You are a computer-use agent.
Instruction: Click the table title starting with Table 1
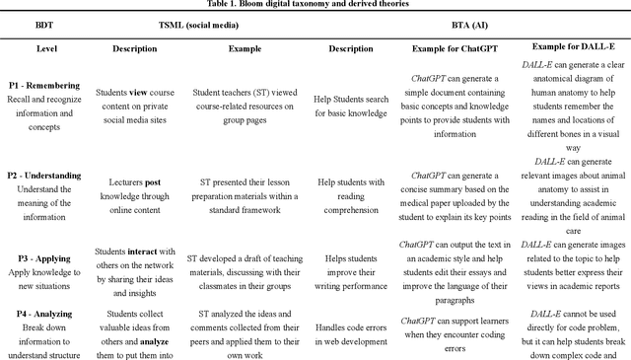click(315, 4)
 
